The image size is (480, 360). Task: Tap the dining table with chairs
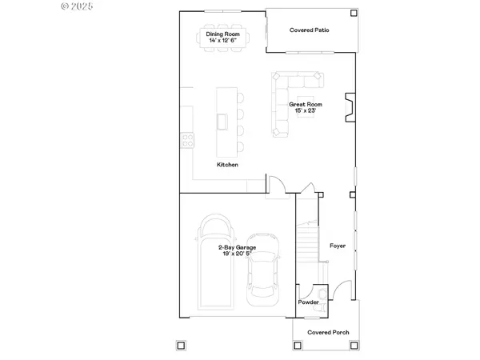tap(224, 38)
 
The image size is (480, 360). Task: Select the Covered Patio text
tap(309, 30)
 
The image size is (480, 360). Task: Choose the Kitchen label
tap(227, 165)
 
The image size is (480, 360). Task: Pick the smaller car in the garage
tap(264, 269)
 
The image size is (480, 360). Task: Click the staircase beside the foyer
tap(308, 240)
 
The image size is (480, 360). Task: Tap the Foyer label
tap(338, 246)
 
